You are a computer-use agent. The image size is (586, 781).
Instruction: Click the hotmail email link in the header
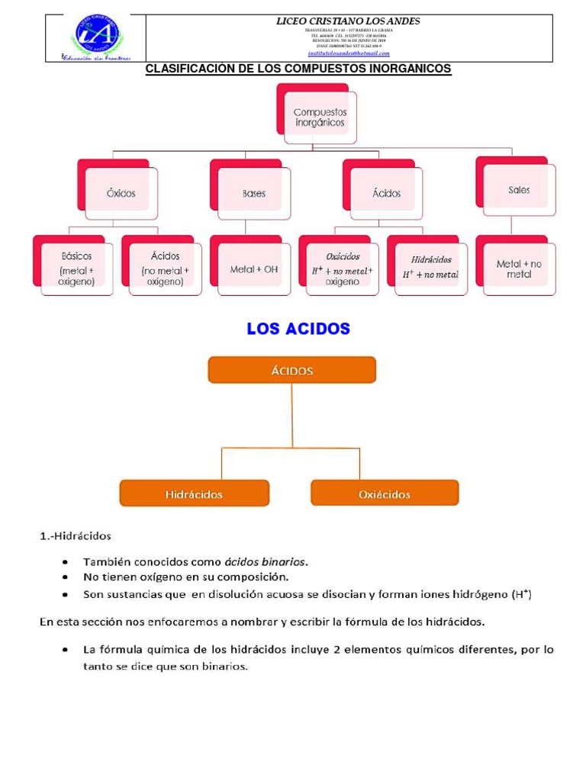click(348, 53)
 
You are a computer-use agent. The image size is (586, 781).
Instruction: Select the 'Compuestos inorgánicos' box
click(319, 117)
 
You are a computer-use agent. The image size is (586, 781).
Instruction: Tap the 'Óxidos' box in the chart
click(121, 193)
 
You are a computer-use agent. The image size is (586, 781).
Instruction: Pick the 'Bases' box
click(254, 193)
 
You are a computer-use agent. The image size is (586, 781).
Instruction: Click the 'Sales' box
click(519, 190)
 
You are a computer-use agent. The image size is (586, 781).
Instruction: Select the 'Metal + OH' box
click(254, 269)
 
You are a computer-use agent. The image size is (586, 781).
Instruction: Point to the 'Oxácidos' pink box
click(343, 268)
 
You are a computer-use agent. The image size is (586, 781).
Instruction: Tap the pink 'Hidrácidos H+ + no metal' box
click(430, 268)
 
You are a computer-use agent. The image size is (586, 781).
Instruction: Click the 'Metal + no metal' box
click(519, 268)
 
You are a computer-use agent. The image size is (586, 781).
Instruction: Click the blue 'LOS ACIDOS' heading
click(298, 329)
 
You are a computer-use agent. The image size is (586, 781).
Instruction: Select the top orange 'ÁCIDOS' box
click(292, 370)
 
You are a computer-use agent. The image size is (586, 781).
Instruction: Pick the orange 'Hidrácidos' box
click(195, 493)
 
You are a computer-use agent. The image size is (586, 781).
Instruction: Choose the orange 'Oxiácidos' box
click(385, 493)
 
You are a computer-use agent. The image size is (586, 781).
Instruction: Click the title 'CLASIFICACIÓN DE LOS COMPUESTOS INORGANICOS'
click(298, 69)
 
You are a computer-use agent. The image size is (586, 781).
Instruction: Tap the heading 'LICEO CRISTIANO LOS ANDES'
click(348, 21)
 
